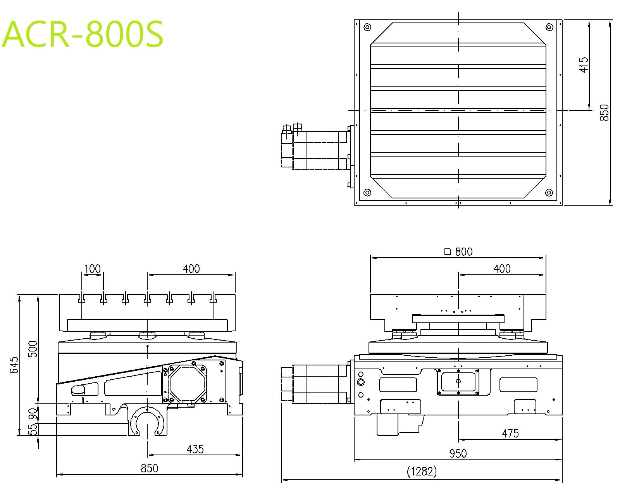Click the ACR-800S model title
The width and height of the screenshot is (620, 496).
tap(83, 34)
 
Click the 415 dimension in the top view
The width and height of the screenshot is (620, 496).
tap(584, 65)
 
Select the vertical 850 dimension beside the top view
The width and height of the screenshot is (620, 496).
tap(604, 112)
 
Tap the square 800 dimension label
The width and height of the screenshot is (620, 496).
tap(458, 251)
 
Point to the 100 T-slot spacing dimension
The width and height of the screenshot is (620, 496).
tap(92, 269)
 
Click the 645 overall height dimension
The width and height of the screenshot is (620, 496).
tap(14, 365)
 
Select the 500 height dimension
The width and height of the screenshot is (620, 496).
tap(33, 349)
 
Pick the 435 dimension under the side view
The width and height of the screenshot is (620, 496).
tap(195, 449)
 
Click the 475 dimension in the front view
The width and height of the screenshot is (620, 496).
tap(510, 434)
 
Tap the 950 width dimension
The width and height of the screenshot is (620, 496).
tap(458, 454)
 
